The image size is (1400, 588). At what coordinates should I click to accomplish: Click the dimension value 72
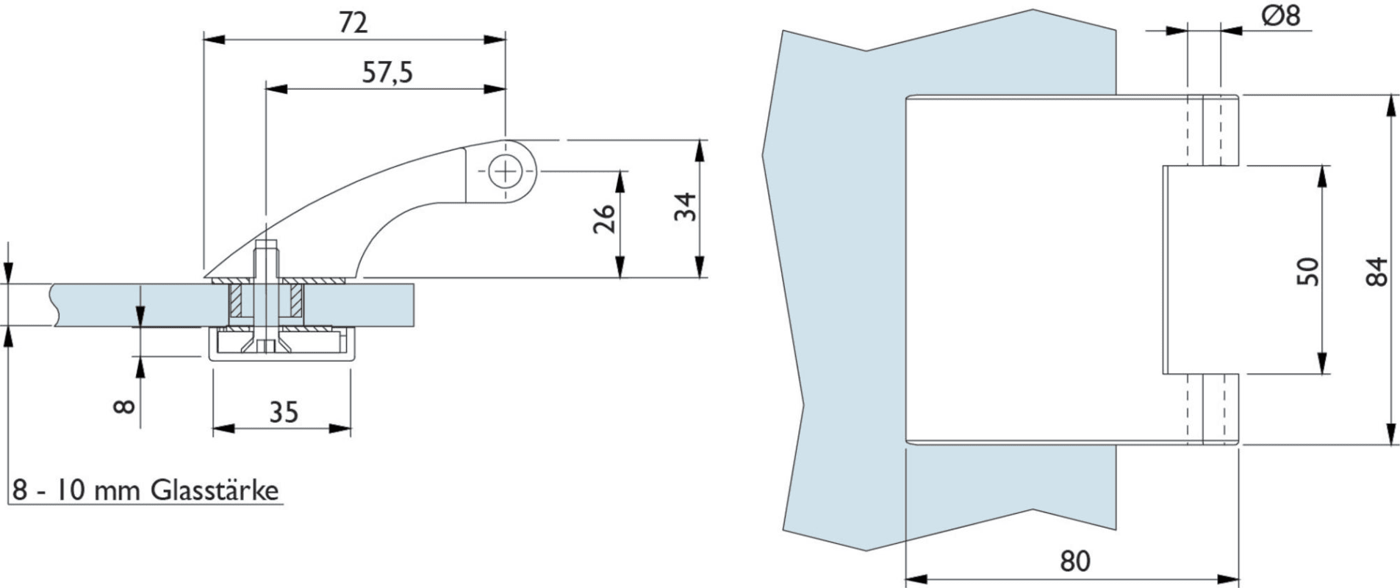click(353, 23)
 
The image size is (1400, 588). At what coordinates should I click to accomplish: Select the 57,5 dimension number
click(388, 73)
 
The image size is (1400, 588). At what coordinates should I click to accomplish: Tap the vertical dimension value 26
click(604, 218)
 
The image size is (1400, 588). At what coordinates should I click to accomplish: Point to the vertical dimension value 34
click(685, 207)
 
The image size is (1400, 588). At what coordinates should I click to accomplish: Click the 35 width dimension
click(284, 412)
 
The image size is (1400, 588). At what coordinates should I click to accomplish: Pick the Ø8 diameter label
click(1281, 16)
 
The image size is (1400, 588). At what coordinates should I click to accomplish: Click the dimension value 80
click(1075, 561)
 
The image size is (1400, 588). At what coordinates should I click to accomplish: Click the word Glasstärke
click(215, 490)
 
